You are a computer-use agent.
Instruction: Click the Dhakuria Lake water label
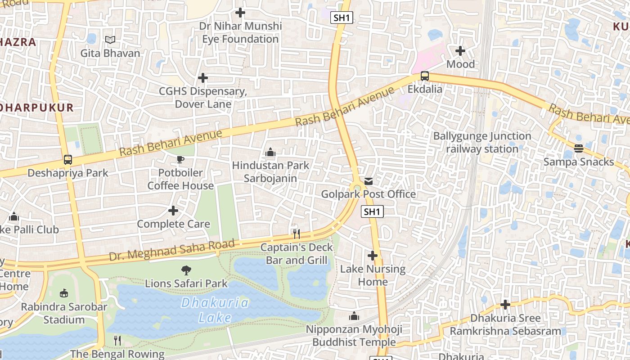(x=215, y=310)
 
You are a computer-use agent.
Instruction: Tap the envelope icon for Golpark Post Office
(x=369, y=181)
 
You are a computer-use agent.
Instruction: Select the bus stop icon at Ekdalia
(x=424, y=76)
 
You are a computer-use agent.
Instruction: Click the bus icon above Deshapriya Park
(x=67, y=160)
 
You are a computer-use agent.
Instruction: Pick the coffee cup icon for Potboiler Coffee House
(x=180, y=159)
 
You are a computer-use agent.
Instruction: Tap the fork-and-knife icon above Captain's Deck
(x=296, y=234)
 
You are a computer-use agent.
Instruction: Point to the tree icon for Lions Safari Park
(x=186, y=270)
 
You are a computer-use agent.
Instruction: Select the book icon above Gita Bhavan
(x=110, y=40)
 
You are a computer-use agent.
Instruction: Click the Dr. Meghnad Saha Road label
(x=172, y=251)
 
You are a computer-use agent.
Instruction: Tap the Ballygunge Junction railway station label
(x=482, y=142)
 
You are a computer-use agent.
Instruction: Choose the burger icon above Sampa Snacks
(x=579, y=148)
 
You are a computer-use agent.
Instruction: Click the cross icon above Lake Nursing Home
(x=373, y=256)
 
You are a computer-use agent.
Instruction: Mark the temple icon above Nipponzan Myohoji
(x=354, y=316)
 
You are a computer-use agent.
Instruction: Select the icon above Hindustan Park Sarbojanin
(x=270, y=152)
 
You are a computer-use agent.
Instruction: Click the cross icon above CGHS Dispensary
(x=203, y=78)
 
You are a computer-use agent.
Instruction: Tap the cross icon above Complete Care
(x=173, y=211)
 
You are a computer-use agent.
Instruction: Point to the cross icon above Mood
(x=460, y=50)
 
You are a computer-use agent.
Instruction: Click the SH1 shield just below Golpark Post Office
(x=373, y=211)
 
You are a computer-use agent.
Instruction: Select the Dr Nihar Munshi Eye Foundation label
(x=240, y=32)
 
